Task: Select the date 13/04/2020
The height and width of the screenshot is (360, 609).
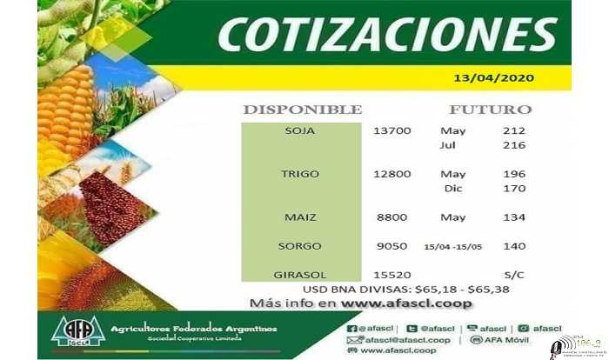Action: [x=493, y=77]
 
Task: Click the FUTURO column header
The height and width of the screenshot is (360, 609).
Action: [x=490, y=110]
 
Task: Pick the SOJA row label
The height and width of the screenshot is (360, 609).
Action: [x=299, y=131]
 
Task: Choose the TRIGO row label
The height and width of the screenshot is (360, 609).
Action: [x=299, y=174]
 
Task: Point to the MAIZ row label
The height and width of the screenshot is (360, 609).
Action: [x=299, y=217]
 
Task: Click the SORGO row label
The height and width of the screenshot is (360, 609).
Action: [x=299, y=246]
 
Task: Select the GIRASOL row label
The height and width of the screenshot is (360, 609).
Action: [x=299, y=275]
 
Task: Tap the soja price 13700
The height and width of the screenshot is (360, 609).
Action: [x=391, y=131]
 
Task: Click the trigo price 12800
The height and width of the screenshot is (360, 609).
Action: [x=391, y=174]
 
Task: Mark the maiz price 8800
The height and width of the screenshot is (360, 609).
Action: [x=391, y=217]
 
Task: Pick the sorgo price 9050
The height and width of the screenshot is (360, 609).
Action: [x=391, y=246]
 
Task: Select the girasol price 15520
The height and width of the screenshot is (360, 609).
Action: [x=391, y=275]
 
